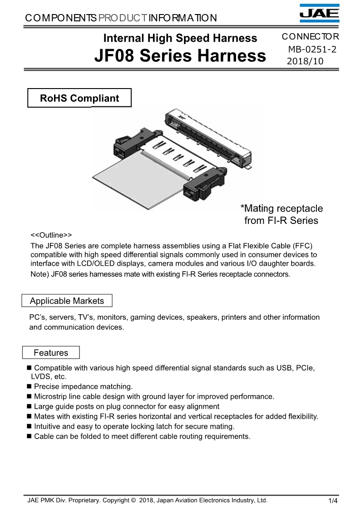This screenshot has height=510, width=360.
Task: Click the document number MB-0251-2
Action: pyautogui.click(x=312, y=50)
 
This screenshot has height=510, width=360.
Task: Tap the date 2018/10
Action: pyautogui.click(x=305, y=61)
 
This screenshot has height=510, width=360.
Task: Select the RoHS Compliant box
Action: pyautogui.click(x=79, y=98)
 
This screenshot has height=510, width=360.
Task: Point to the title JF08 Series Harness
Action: pyautogui.click(x=180, y=55)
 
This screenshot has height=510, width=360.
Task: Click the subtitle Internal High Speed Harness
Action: pyautogui.click(x=180, y=38)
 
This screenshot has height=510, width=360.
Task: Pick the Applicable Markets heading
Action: pyautogui.click(x=67, y=301)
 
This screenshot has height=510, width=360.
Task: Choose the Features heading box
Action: pyautogui.click(x=51, y=353)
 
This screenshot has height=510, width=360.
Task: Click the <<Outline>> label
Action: pyautogui.click(x=51, y=235)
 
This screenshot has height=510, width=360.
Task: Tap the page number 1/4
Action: pyautogui.click(x=333, y=501)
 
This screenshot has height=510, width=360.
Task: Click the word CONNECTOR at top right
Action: pyautogui.click(x=310, y=37)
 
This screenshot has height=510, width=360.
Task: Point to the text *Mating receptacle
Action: pyautogui.click(x=281, y=209)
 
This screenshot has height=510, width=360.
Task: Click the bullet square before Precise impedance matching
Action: pyautogui.click(x=30, y=386)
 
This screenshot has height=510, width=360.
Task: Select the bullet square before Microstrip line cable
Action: pyautogui.click(x=30, y=396)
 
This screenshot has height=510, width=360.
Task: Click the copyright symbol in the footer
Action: pyautogui.click(x=133, y=500)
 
